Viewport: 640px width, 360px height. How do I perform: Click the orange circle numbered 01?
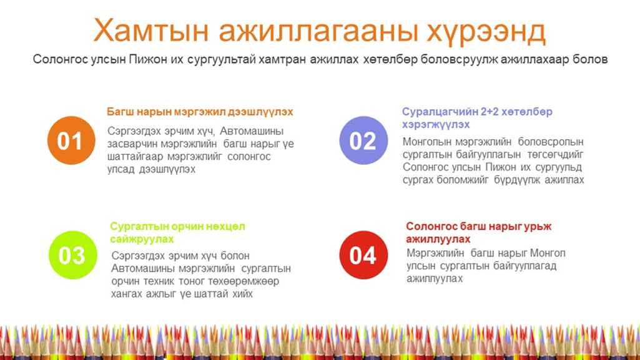point(71,140)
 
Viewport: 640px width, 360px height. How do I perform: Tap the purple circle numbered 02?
point(363,140)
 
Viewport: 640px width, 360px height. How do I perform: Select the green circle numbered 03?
point(72,255)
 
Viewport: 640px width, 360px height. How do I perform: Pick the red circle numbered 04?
point(363,255)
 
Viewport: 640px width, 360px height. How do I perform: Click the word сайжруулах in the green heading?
point(142,240)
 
